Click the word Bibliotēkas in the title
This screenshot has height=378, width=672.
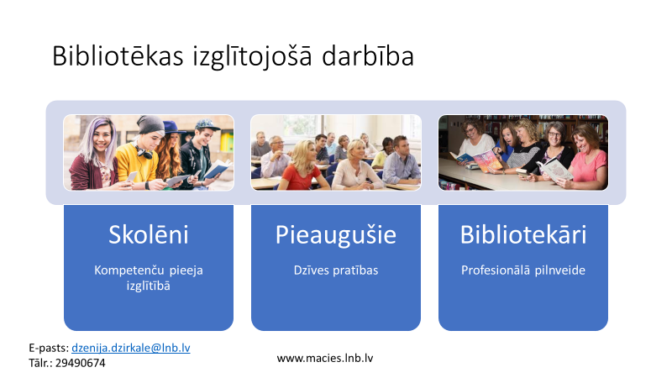[118, 56]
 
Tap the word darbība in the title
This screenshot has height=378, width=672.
[368, 56]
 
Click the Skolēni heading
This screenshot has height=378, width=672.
[149, 234]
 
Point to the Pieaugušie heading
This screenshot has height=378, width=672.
[335, 235]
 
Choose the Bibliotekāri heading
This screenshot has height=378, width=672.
[522, 234]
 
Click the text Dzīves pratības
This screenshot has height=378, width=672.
[335, 270]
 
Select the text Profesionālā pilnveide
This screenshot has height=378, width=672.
[522, 270]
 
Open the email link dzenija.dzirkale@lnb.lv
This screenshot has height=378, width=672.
[131, 348]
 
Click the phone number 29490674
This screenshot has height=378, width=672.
[80, 363]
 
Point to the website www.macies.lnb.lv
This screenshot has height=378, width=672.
[325, 358]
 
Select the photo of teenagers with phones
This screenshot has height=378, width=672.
[149, 153]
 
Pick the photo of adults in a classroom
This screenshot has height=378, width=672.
[335, 153]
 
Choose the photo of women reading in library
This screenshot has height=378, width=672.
[522, 153]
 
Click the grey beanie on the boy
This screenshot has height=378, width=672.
[150, 124]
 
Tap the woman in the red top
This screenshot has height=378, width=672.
[302, 166]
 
